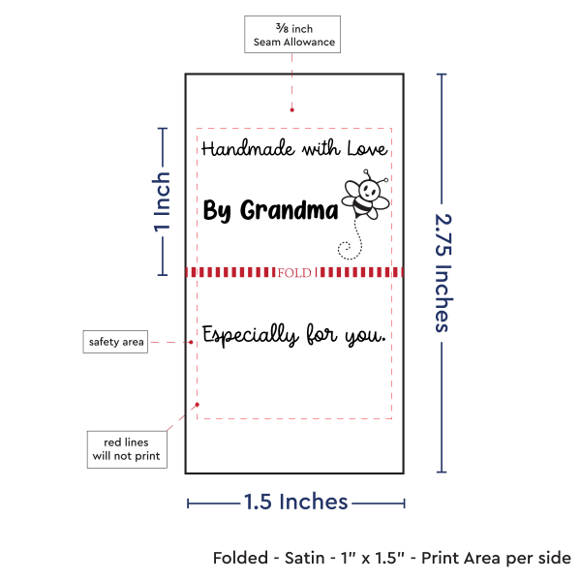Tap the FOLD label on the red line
coord(294,273)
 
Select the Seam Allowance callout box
coord(291,35)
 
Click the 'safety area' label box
coord(116,342)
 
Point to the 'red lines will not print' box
coord(125,448)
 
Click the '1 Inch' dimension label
coord(163,202)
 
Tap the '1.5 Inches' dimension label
coord(295,502)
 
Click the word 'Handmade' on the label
coord(237,149)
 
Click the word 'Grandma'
coord(289,210)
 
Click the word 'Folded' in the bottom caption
coord(241,559)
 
